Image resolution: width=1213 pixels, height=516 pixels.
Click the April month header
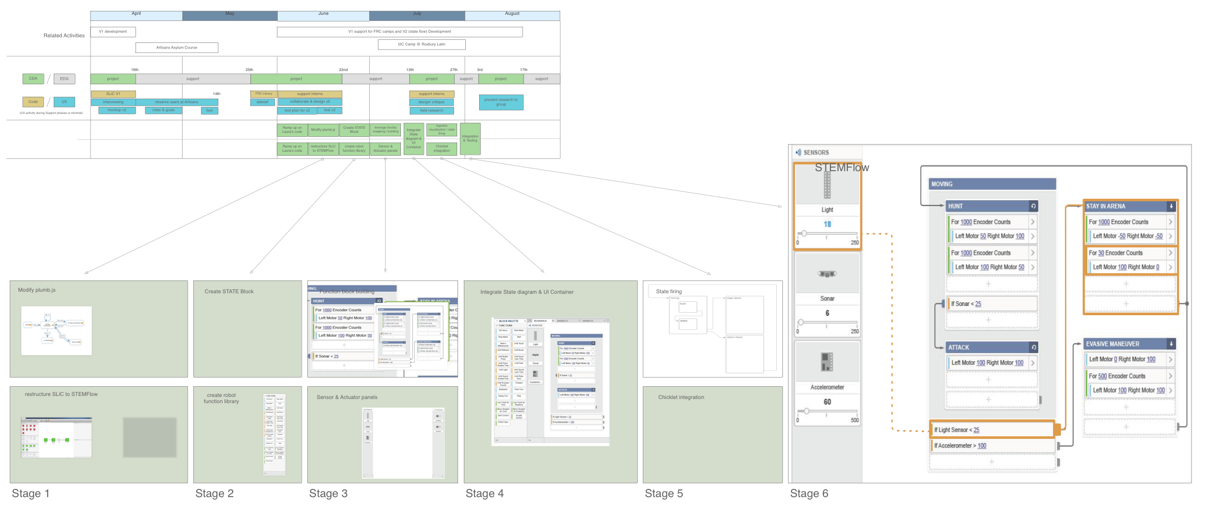click(136, 14)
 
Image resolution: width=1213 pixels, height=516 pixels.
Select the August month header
click(512, 14)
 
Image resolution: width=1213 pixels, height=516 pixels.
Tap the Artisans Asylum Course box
click(176, 48)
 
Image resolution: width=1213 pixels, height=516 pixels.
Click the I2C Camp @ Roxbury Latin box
click(421, 44)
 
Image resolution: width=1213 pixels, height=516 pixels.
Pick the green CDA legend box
click(33, 79)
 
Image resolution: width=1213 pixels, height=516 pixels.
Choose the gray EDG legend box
click(64, 79)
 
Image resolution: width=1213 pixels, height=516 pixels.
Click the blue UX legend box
click(64, 102)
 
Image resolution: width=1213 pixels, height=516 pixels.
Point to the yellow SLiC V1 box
click(113, 94)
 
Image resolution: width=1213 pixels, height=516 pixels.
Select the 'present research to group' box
click(501, 102)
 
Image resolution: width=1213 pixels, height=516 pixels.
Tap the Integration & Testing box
click(470, 138)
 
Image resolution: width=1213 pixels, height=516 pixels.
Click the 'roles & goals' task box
click(163, 110)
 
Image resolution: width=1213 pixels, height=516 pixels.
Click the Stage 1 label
click(31, 494)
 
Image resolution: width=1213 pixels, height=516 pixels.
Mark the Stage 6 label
click(809, 494)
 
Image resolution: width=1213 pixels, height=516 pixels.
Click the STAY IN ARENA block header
click(1125, 206)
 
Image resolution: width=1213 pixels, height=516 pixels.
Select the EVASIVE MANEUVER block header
click(1125, 344)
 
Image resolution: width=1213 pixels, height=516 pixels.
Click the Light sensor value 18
click(827, 224)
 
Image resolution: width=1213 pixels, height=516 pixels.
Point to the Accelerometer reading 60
click(827, 402)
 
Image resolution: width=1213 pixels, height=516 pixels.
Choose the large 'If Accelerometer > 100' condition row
click(991, 446)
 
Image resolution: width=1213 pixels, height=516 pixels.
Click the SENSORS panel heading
click(816, 153)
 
